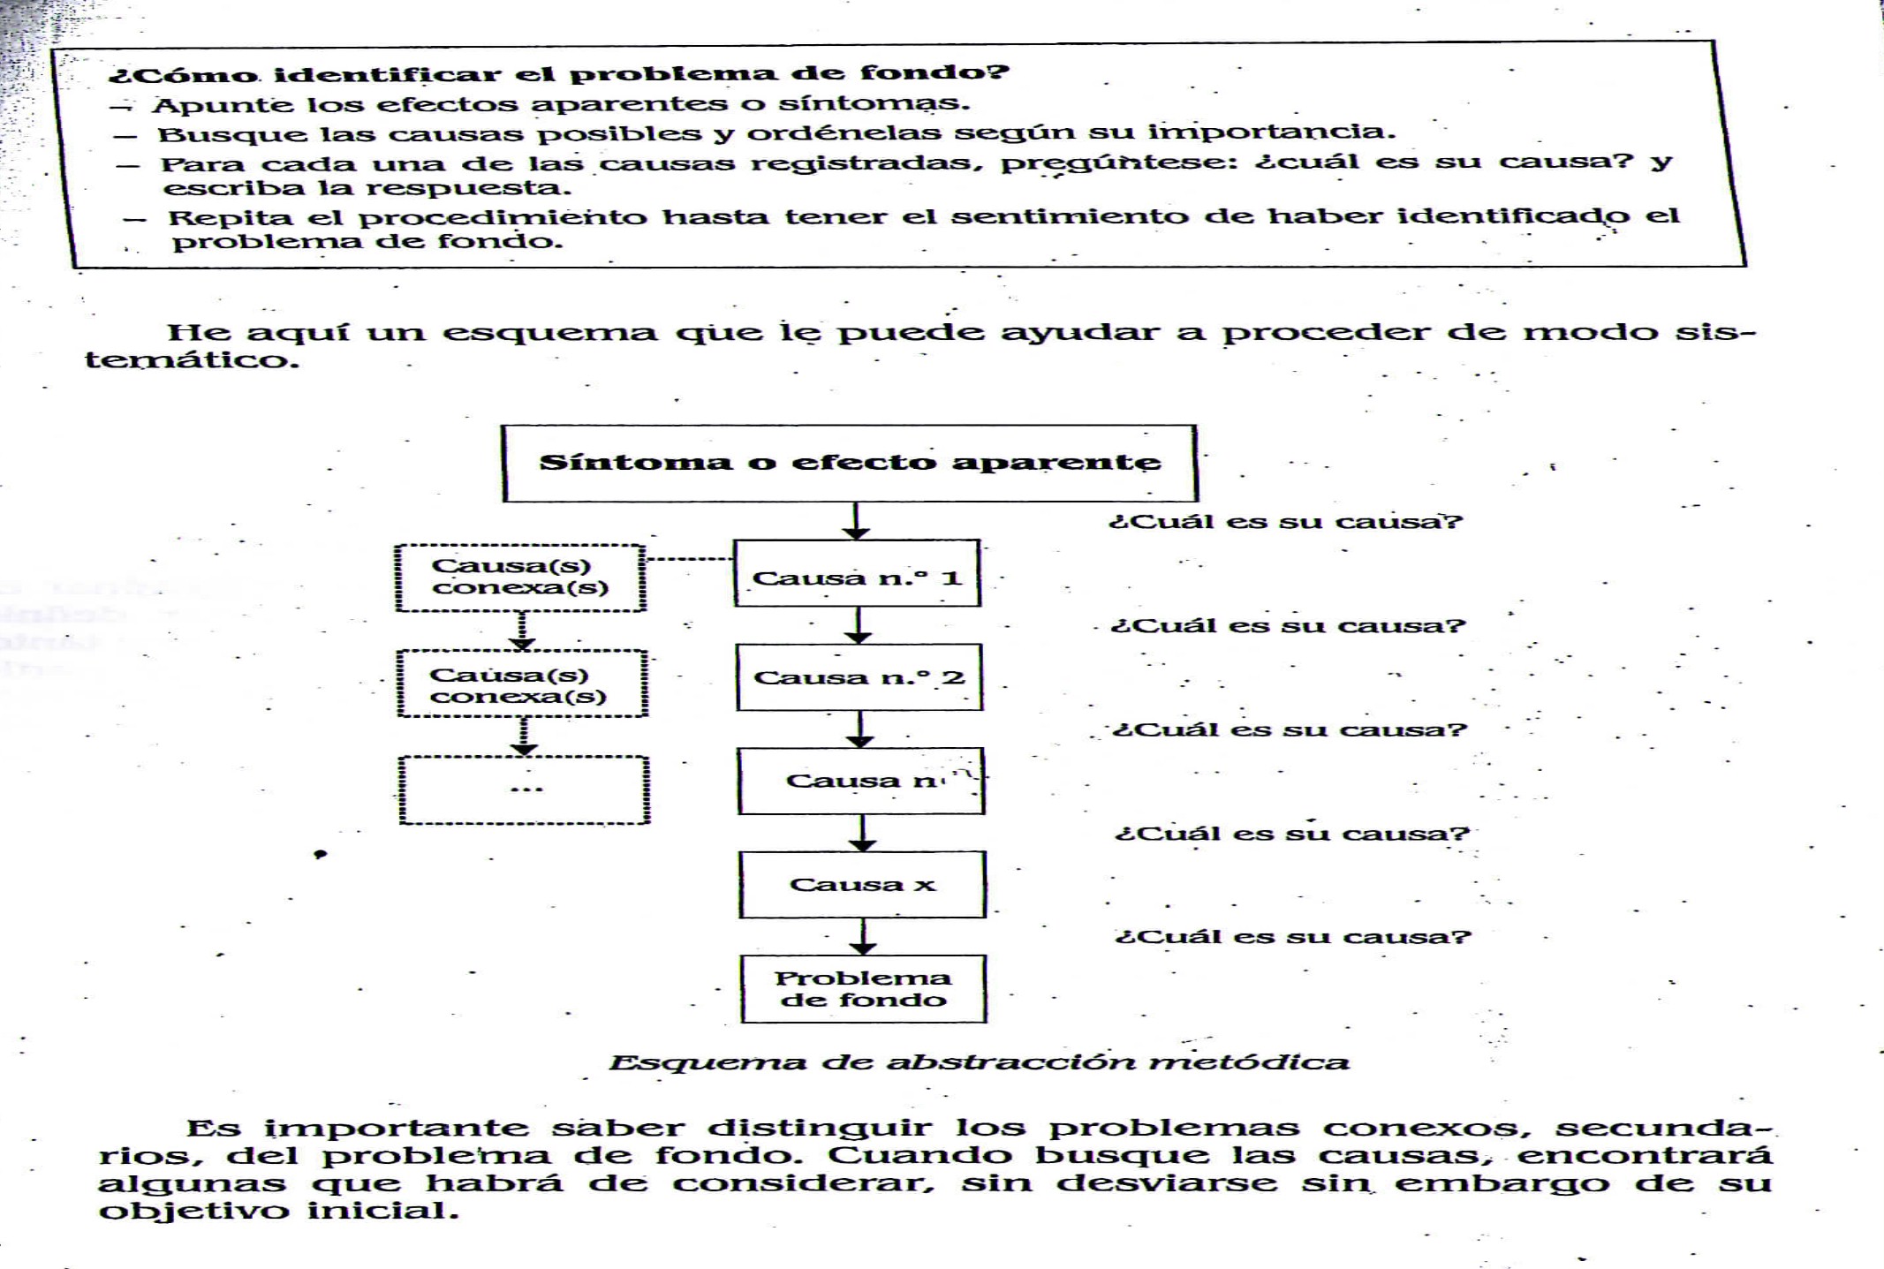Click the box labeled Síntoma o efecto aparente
pos(849,464)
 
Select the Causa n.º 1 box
pos(857,573)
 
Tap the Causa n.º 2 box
pos(859,677)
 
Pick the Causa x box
pos(862,885)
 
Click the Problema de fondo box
pos(863,989)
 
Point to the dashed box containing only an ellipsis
pos(525,789)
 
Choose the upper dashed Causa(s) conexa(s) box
pos(520,578)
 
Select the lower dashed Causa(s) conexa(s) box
pos(522,684)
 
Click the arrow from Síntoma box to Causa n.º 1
pos(855,521)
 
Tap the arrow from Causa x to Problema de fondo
pos(864,936)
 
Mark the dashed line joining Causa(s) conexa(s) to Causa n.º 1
pos(689,559)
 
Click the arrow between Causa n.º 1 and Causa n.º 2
pos(858,625)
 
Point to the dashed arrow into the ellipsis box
pos(525,736)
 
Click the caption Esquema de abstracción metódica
pos(979,1061)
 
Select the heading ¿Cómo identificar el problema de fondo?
pos(558,73)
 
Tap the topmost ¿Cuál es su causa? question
pos(1286,521)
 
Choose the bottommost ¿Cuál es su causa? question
pos(1293,936)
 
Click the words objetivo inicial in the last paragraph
pos(278,1210)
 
